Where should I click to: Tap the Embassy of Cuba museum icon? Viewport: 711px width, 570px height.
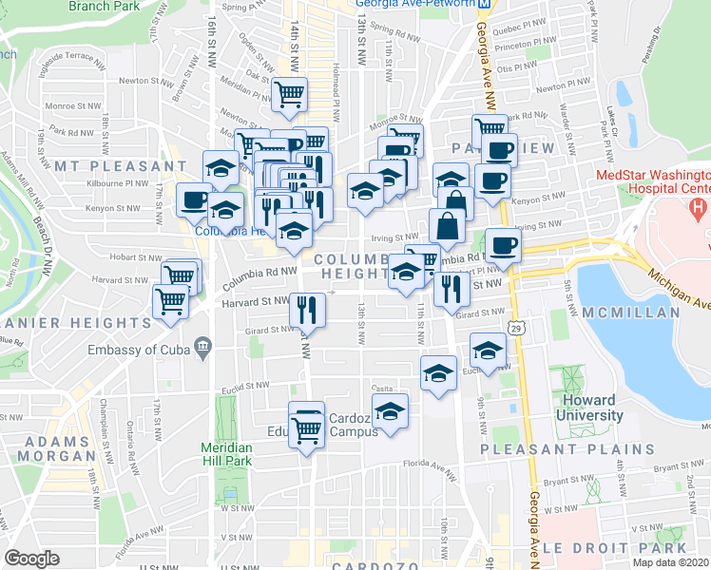pos(202,349)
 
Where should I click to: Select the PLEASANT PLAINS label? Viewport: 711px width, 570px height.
pos(567,449)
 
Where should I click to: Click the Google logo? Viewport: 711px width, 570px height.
pos(31,558)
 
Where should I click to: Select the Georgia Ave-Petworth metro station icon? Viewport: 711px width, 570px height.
pos(485,4)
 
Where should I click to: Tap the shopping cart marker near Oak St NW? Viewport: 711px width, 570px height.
pos(289,93)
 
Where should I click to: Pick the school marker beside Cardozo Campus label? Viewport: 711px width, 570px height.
pos(389,411)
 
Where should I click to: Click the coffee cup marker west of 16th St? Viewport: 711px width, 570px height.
pos(194,199)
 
